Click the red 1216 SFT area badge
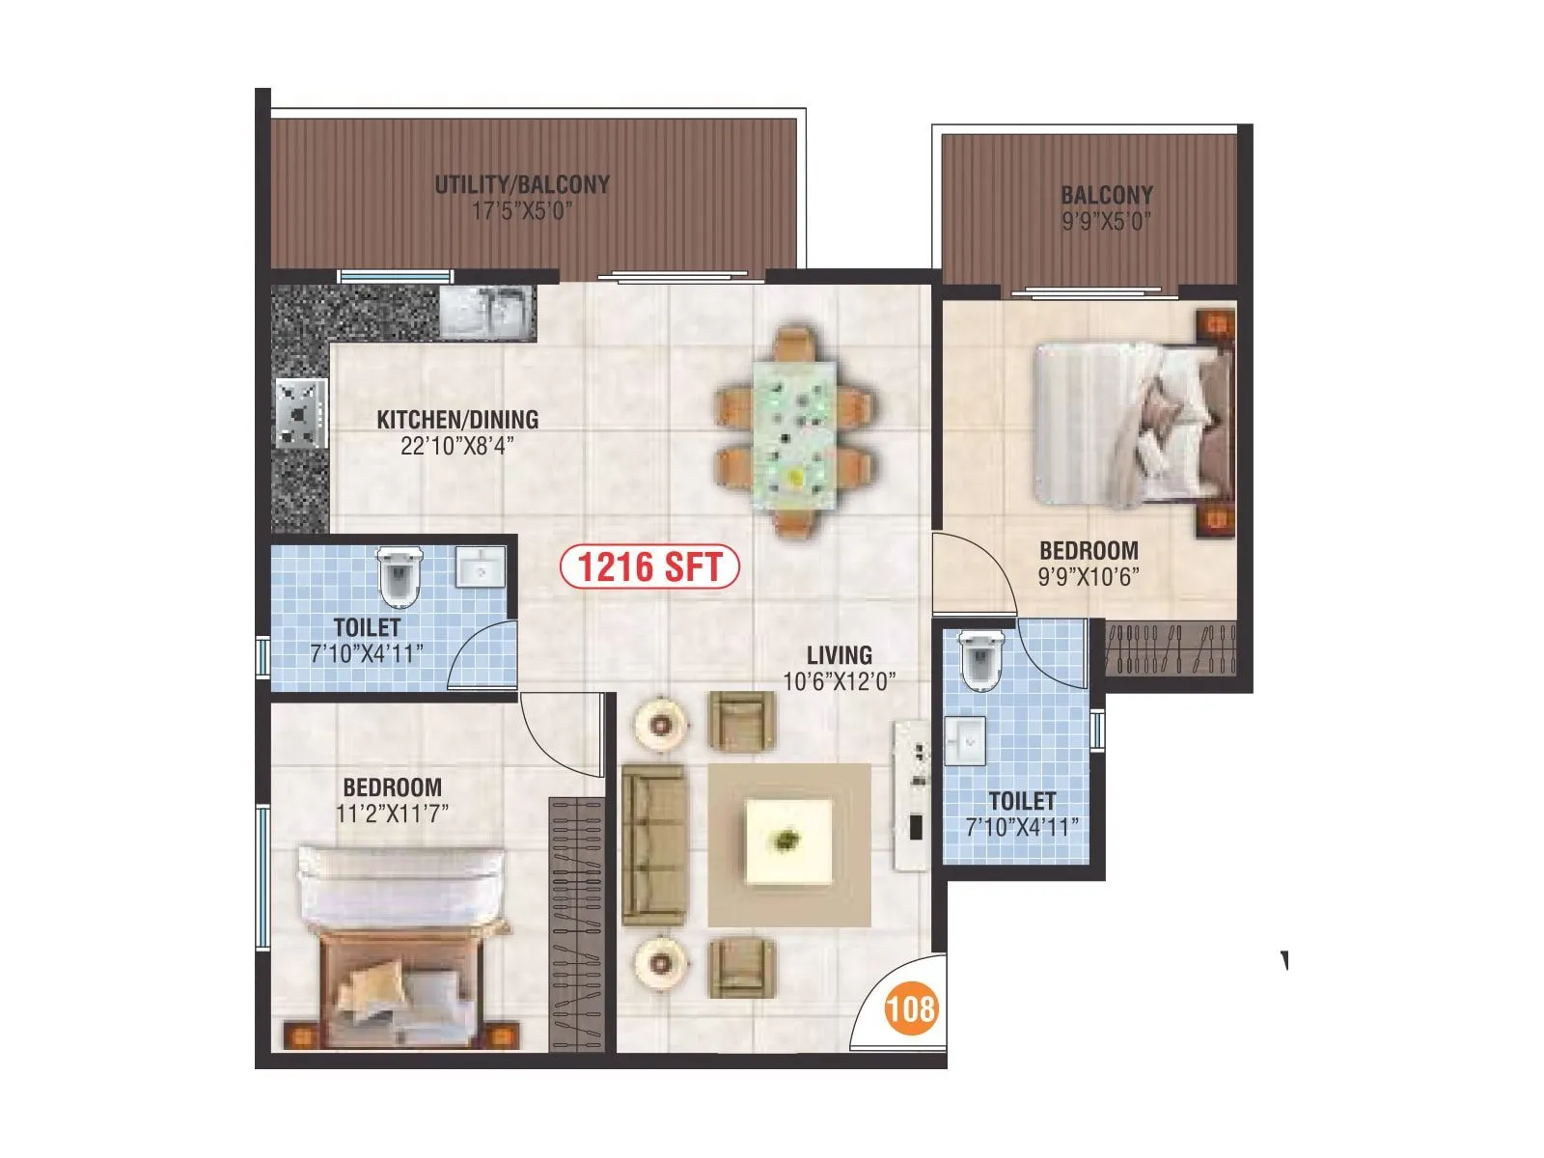(x=649, y=567)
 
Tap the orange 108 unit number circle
(x=911, y=1008)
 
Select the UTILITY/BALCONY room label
(x=521, y=184)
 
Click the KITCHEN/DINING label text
(x=456, y=420)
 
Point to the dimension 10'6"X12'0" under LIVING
(x=839, y=681)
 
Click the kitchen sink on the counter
(x=487, y=311)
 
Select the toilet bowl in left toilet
(x=399, y=575)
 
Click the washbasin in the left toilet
(x=479, y=566)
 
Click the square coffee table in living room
(x=788, y=841)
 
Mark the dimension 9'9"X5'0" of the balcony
(x=1107, y=221)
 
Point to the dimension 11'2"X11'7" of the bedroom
(x=392, y=813)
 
